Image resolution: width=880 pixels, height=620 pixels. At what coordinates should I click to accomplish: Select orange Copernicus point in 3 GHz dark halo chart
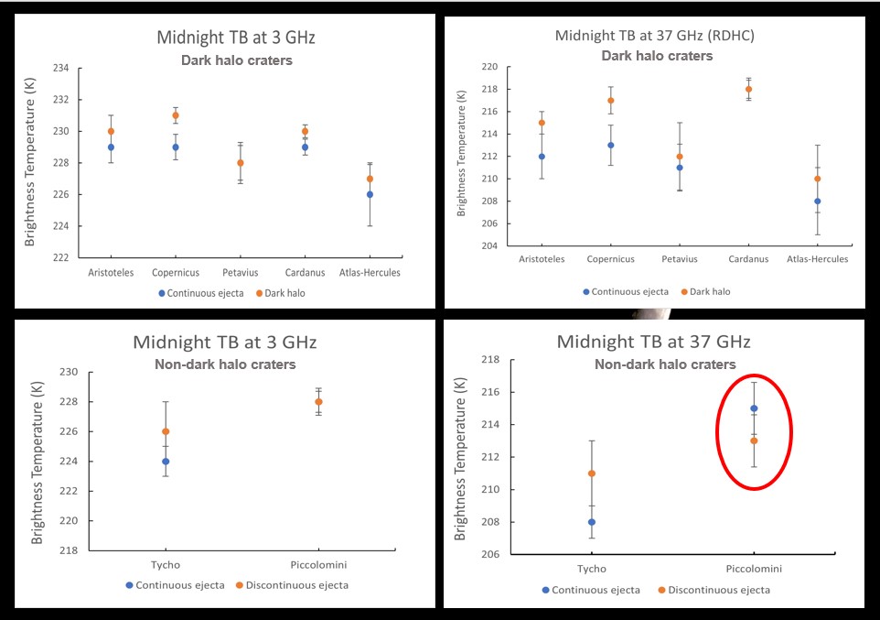(x=176, y=115)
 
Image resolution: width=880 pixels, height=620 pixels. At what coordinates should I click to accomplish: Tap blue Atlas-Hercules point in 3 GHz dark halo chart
(x=370, y=194)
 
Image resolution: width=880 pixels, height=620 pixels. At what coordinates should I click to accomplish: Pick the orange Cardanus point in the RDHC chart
(x=748, y=89)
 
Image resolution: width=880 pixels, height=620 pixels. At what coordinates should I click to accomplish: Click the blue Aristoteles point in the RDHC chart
(x=542, y=157)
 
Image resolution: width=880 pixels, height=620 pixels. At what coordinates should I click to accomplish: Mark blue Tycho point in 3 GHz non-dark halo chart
(x=166, y=462)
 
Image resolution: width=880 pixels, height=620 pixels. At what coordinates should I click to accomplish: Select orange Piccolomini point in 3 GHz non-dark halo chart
(x=318, y=401)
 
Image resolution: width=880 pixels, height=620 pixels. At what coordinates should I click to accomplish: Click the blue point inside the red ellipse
(x=754, y=408)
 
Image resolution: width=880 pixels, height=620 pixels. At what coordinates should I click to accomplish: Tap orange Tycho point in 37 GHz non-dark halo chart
(x=592, y=473)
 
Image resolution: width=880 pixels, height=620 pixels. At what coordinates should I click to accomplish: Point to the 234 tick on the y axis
(x=61, y=69)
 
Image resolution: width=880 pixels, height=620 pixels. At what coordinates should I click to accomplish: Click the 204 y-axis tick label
(x=489, y=246)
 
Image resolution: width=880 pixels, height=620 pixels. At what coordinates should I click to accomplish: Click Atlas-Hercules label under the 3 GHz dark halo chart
(x=370, y=272)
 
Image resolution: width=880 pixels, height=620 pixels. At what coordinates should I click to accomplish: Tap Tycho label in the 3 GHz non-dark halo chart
(x=166, y=565)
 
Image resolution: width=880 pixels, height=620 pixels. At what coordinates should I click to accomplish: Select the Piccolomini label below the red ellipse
(x=754, y=569)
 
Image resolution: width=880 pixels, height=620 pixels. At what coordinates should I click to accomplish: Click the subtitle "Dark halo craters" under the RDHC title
(x=657, y=56)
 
